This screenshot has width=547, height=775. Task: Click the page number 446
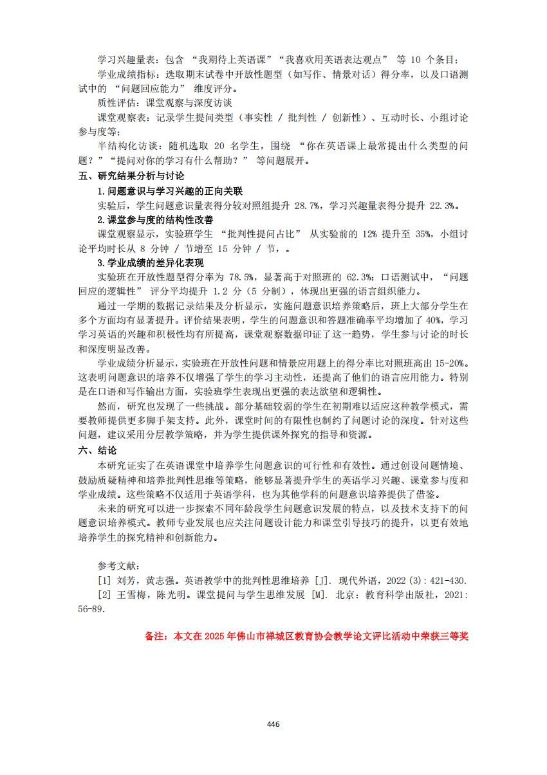[273, 724]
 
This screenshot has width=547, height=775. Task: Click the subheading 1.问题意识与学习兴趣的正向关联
[169, 191]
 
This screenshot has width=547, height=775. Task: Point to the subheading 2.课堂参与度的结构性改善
[155, 220]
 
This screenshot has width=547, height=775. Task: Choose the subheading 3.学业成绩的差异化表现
[150, 263]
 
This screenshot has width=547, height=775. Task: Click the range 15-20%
[451, 363]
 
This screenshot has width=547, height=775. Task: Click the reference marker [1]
[104, 580]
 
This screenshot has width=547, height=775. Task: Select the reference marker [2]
[104, 595]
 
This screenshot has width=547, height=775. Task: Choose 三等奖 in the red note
[454, 636]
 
